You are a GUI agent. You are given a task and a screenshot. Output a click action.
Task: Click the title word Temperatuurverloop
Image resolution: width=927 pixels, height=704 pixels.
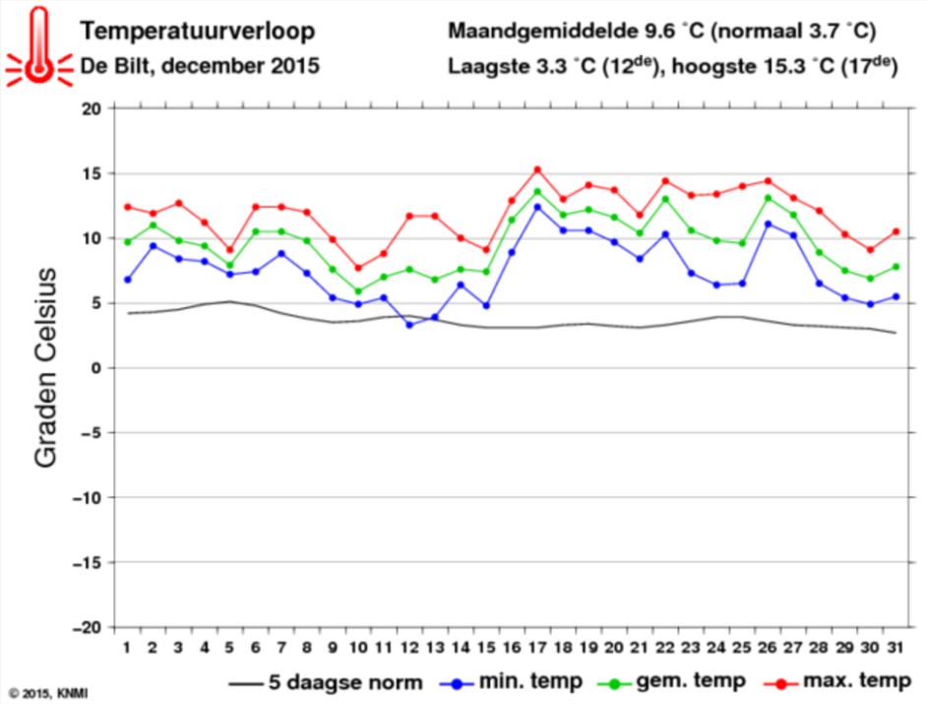click(x=197, y=32)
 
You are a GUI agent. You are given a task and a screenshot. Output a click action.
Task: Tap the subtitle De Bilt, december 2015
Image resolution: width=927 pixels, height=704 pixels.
click(x=200, y=68)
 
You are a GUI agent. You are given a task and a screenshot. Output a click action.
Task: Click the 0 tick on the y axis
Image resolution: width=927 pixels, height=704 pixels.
click(x=96, y=368)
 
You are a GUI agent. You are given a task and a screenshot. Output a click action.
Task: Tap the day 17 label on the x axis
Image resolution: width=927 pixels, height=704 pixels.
click(x=536, y=647)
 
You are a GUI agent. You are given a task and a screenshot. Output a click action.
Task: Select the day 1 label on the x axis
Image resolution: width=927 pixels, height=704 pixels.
click(x=127, y=647)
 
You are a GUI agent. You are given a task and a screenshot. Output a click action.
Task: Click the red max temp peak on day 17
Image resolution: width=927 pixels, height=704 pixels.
click(x=537, y=169)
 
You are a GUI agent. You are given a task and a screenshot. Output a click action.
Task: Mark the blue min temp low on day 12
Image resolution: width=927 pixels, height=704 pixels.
click(x=408, y=325)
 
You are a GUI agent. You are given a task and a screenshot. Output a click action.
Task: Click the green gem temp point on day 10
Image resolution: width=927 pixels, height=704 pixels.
click(x=357, y=291)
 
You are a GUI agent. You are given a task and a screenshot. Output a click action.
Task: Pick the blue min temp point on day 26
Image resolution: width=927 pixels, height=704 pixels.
click(x=768, y=224)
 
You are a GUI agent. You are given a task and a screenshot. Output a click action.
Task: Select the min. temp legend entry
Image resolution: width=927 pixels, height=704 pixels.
click(x=511, y=681)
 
